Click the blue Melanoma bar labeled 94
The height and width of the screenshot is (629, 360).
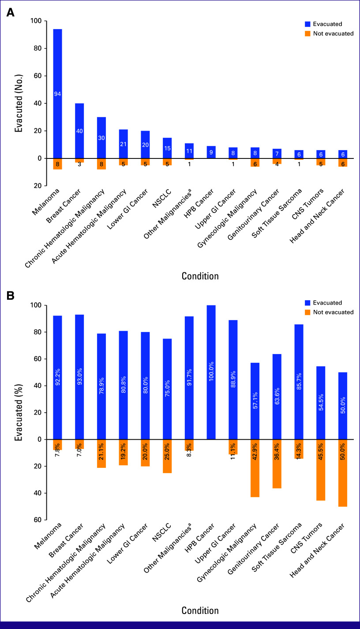[x=57, y=94]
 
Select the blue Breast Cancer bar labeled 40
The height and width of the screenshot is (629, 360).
[x=79, y=131]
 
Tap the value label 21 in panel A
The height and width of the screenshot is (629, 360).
[x=123, y=144]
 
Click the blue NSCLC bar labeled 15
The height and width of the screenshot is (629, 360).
[x=167, y=148]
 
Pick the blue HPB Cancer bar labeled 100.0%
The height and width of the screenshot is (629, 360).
[x=211, y=372]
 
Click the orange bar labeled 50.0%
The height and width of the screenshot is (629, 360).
[x=343, y=473]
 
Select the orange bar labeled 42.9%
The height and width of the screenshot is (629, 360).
[x=255, y=468]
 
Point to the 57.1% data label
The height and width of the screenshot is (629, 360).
[x=255, y=400]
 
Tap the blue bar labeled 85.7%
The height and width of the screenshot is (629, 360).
[x=299, y=382]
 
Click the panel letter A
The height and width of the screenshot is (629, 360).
[x=11, y=12]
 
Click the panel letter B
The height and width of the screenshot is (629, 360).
[x=11, y=295]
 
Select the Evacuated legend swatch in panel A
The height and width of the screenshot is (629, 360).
[x=307, y=24]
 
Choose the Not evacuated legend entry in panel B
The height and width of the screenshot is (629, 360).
[x=329, y=312]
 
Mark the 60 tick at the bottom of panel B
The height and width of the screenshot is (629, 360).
[x=37, y=520]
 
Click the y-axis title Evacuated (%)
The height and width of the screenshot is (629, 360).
[x=19, y=413]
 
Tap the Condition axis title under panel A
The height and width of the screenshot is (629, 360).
[x=200, y=276]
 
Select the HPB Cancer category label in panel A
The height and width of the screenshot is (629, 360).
[x=199, y=203]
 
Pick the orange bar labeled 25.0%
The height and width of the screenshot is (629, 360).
[x=167, y=456]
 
